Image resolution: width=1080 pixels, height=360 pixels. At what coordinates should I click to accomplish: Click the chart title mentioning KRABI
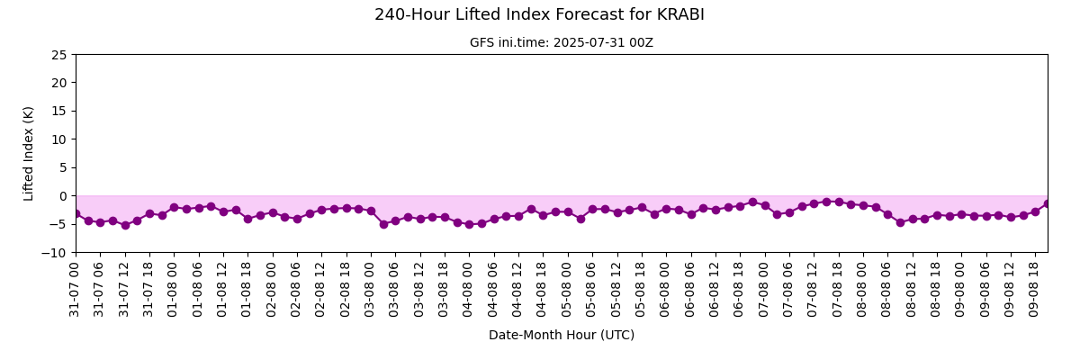[x=539, y=14]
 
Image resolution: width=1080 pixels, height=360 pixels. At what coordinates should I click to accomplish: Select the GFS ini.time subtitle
[x=562, y=42]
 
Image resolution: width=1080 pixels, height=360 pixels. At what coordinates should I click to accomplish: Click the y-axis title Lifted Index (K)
[x=28, y=154]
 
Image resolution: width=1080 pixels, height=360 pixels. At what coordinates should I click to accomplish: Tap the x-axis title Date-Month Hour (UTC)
[x=562, y=335]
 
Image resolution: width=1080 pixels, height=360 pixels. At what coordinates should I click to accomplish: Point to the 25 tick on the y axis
[x=59, y=55]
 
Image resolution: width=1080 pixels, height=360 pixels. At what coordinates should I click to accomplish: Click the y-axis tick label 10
[x=59, y=139]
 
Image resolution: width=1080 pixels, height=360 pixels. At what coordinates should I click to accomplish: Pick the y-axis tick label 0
[x=63, y=196]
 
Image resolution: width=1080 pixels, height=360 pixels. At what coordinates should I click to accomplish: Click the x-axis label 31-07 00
[x=74, y=289]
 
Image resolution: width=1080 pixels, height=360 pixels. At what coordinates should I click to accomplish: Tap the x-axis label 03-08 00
[x=369, y=289]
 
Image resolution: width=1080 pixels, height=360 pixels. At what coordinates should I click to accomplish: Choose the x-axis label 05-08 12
[x=616, y=289]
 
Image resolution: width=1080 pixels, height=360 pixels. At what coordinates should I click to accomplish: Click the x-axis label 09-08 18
[x=1034, y=289]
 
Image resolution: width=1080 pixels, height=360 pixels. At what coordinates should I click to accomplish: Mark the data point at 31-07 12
[x=125, y=225]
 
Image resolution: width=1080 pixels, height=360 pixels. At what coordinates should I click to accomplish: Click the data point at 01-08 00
[x=175, y=207]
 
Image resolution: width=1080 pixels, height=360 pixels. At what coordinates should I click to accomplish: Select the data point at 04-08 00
[x=470, y=225]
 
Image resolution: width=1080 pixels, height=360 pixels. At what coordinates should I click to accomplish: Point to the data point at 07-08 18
[x=839, y=202]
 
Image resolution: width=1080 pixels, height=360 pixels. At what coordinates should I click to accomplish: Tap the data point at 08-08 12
[x=913, y=220]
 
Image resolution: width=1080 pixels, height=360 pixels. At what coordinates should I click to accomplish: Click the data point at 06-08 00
[x=667, y=209]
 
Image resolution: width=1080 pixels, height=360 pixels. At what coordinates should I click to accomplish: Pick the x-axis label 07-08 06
[x=787, y=289]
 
